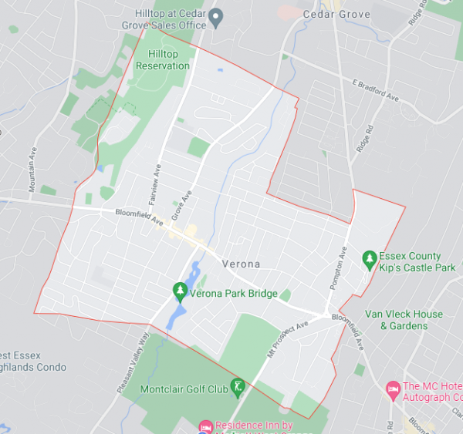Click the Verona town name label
(241, 264)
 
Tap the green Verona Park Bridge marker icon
(180, 292)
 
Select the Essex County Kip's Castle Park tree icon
(370, 258)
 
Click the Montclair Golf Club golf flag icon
(238, 386)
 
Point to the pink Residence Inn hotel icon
(205, 426)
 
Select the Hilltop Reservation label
(163, 60)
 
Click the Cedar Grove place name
(336, 15)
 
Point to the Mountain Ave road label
(32, 171)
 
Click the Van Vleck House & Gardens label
(404, 320)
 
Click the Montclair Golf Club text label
(184, 389)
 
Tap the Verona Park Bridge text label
(234, 293)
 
